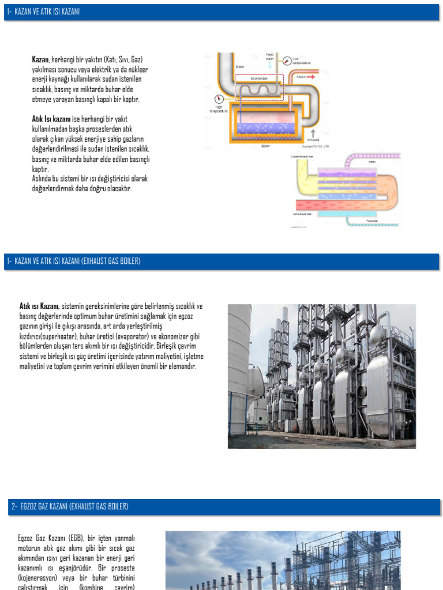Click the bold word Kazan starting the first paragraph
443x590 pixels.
(40, 59)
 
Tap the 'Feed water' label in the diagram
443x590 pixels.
(270, 56)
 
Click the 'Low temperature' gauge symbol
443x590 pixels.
(287, 59)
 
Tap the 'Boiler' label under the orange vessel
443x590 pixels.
(265, 146)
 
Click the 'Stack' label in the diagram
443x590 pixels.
(240, 67)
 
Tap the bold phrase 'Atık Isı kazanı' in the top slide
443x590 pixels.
(51, 119)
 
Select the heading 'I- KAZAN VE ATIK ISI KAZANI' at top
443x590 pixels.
(43, 12)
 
